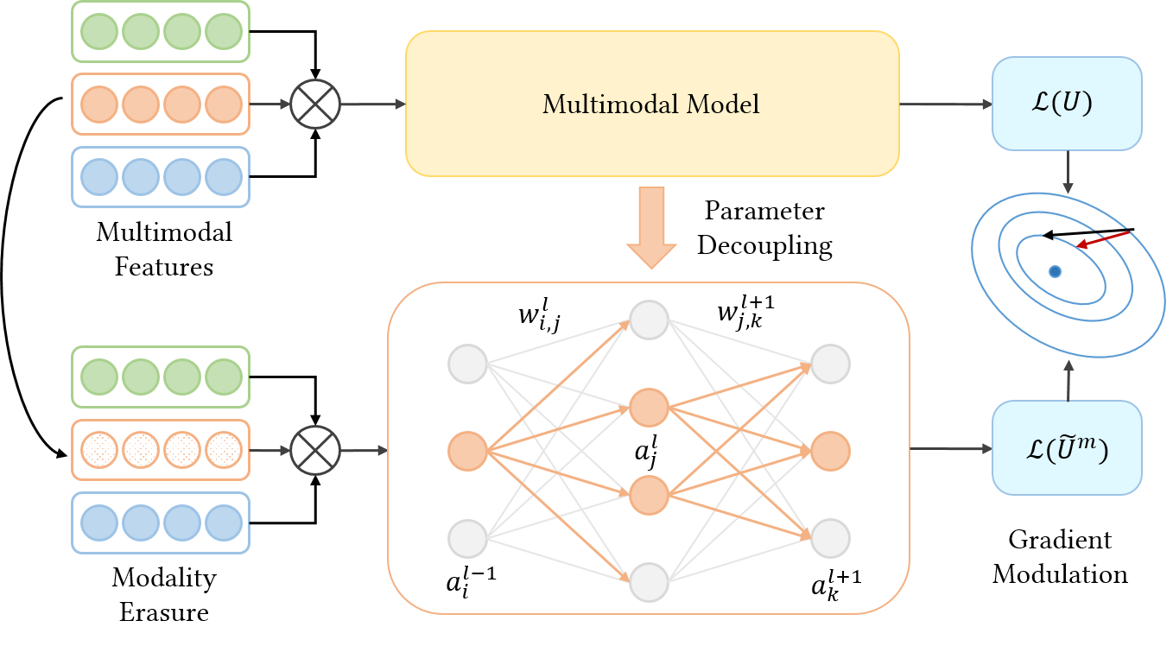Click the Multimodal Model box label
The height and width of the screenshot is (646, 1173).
tap(650, 104)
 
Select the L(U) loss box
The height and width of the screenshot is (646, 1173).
tap(1067, 104)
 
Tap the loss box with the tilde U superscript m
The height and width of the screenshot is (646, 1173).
tap(1067, 448)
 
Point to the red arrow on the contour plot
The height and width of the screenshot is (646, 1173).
tap(1103, 239)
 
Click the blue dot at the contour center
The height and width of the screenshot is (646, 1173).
tap(1055, 271)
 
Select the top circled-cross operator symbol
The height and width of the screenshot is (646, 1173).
tap(315, 104)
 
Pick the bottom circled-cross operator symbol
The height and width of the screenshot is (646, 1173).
tap(315, 450)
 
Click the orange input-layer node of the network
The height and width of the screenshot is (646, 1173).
tap(467, 451)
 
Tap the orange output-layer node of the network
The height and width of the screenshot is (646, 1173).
tap(830, 451)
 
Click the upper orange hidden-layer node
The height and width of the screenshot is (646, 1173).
tap(650, 407)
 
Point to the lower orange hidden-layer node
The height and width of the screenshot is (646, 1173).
tap(650, 495)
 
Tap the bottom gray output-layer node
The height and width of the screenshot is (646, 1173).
tap(830, 539)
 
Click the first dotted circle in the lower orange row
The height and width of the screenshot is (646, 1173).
tap(99, 450)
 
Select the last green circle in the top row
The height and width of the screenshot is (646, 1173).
tap(224, 32)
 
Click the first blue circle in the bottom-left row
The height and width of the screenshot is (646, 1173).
tap(99, 522)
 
